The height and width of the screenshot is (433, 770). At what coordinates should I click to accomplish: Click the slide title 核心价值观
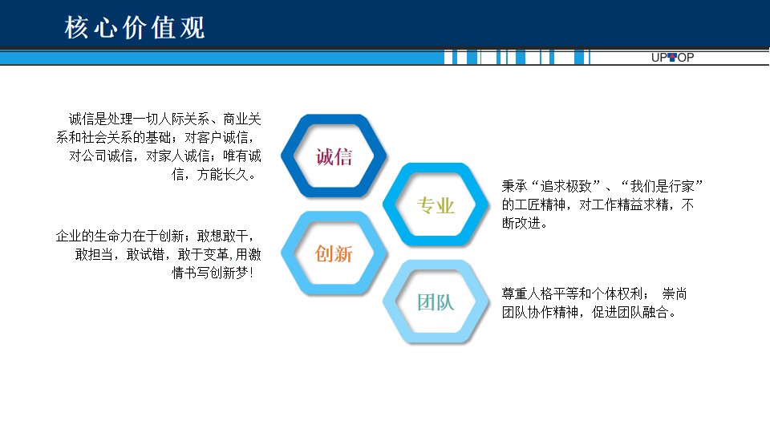pos(135,27)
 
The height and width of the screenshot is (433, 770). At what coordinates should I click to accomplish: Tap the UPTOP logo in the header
pos(672,58)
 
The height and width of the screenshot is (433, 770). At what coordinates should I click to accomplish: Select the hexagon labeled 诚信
pos(334,156)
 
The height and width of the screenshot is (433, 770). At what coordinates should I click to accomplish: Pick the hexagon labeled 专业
pos(436,204)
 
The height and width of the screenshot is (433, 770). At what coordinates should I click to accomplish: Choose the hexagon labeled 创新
pos(334,253)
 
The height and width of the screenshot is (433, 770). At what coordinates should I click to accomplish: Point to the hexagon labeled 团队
pos(436,301)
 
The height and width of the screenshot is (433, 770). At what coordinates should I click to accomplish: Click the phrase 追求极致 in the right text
pos(565,186)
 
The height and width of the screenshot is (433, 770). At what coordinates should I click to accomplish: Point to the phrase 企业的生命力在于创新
pos(120,236)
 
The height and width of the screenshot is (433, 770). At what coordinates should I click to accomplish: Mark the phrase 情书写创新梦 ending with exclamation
pos(210,273)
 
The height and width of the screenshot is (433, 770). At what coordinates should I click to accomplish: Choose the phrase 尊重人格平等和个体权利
pos(572,293)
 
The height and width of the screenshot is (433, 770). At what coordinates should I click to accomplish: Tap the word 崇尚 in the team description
pos(675,293)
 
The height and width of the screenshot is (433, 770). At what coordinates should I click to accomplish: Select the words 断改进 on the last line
pos(521,223)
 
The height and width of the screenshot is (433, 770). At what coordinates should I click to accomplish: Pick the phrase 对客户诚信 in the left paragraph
pos(216,137)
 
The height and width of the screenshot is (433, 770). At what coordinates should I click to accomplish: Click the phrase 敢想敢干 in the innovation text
pos(222,236)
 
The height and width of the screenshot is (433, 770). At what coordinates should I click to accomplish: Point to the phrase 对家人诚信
pos(178,156)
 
